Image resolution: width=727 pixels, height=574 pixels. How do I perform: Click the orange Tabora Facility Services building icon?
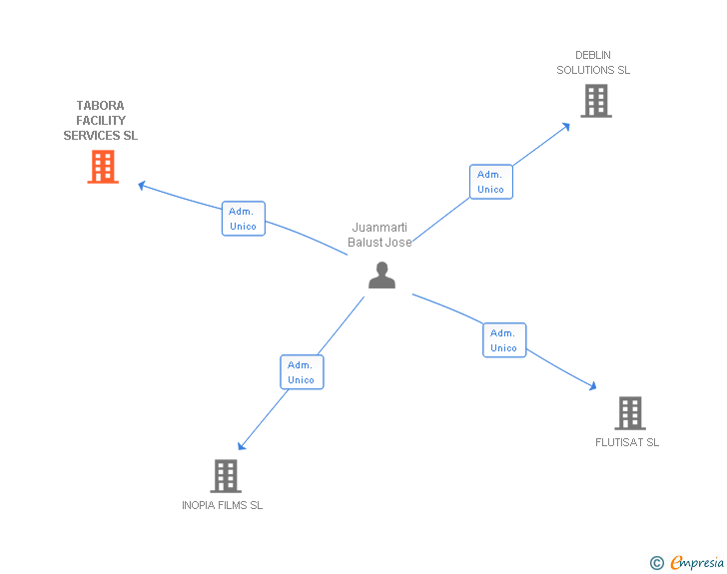coord(103,167)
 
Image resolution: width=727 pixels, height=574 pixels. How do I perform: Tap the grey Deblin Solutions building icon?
coord(596,101)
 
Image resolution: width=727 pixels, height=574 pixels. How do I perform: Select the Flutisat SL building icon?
coord(629,412)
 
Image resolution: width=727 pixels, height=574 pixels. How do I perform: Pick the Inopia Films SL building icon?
coord(226,475)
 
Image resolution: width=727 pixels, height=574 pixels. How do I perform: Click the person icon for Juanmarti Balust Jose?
coord(381,275)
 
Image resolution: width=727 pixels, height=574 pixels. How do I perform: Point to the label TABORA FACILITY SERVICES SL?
coord(101,121)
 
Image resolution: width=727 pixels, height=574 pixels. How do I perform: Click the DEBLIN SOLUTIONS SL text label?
coord(593,63)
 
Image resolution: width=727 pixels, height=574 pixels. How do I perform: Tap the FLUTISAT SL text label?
coord(627,442)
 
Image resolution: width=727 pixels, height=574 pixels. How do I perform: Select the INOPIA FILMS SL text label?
coord(222,505)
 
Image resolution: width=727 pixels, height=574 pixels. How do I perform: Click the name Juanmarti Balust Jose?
coord(379,235)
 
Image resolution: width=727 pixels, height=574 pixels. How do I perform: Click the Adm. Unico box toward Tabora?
coord(243,219)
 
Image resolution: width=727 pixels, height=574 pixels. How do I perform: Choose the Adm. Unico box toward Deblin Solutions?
coord(490,182)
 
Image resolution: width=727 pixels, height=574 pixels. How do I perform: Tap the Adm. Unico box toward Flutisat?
coord(503,340)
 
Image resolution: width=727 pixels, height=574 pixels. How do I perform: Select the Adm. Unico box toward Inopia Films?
coord(301,372)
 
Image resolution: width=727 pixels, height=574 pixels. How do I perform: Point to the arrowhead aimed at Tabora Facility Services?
coord(142,184)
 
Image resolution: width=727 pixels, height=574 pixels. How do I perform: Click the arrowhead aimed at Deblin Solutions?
coord(566,126)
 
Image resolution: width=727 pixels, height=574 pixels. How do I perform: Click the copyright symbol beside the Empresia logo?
coord(656,563)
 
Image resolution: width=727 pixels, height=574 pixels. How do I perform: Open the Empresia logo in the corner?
coord(697,563)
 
